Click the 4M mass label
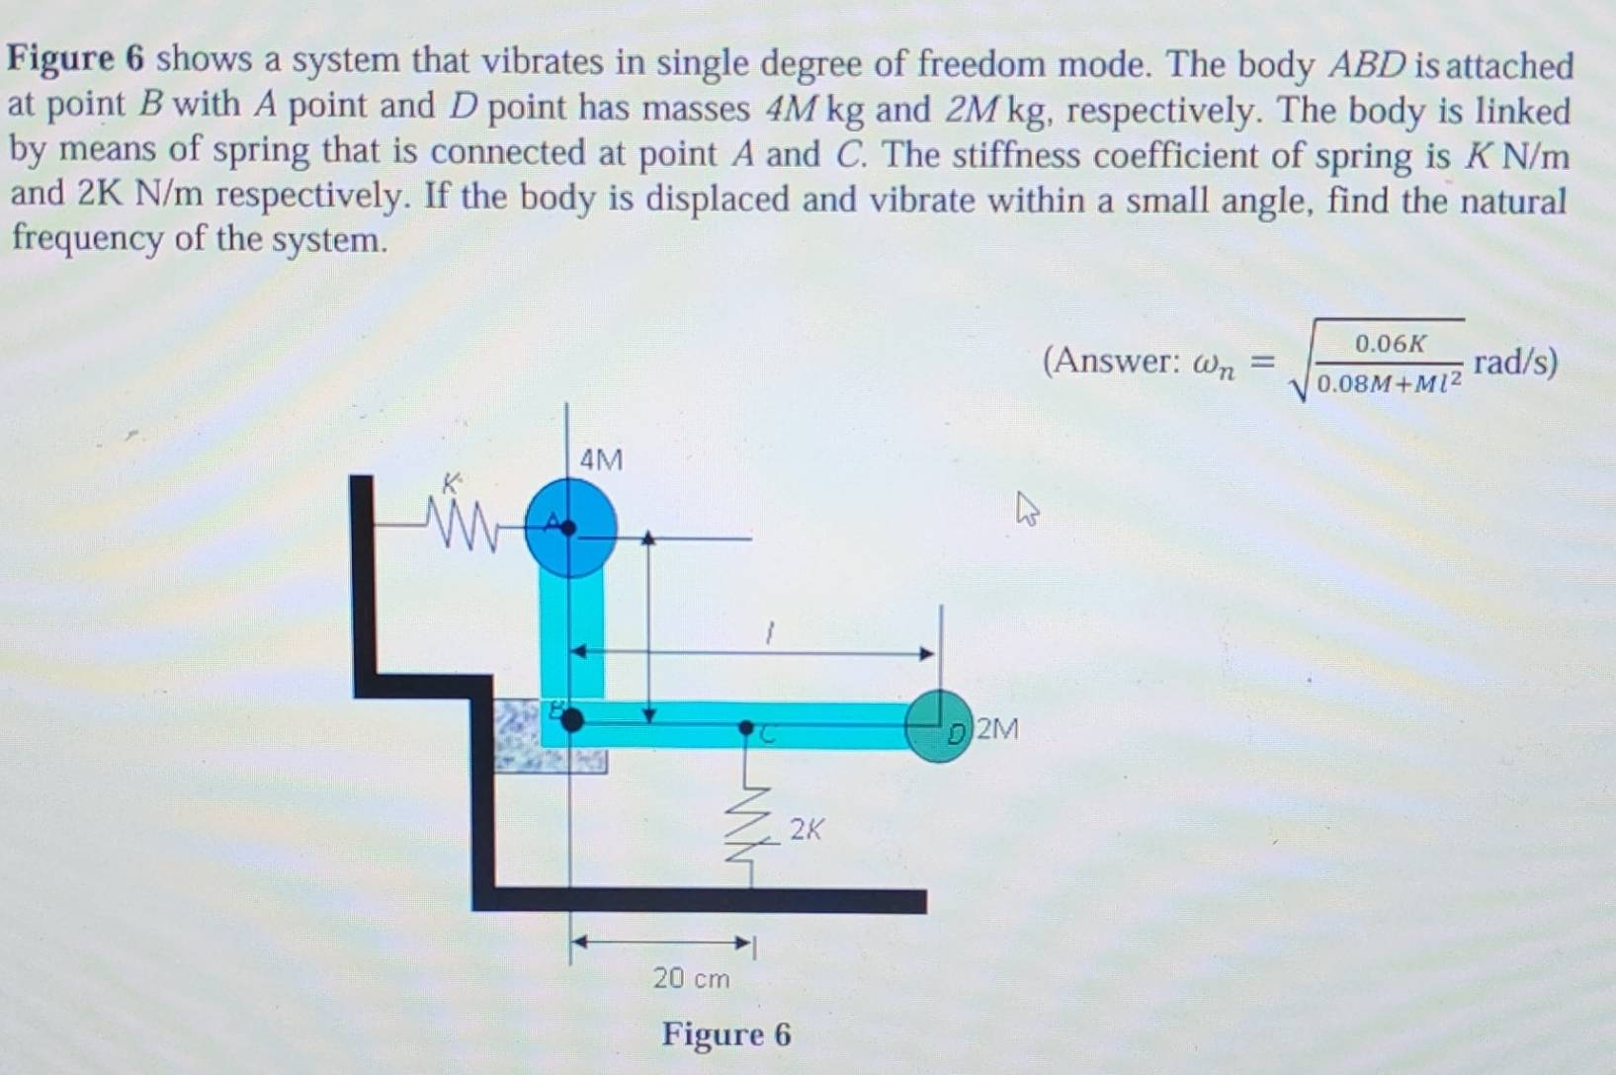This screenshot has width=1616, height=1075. (601, 460)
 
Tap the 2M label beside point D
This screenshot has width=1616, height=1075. (997, 729)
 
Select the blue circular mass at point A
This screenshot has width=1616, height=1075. (570, 529)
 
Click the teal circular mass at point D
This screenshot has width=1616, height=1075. (939, 726)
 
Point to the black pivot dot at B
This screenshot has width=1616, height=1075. (572, 719)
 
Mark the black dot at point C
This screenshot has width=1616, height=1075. (746, 727)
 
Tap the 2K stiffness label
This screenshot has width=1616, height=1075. (806, 829)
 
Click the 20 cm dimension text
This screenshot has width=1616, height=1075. (691, 978)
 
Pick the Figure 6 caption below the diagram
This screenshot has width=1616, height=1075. (726, 1034)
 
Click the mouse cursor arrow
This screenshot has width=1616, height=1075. (1027, 508)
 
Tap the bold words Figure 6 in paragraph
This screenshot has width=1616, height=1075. (76, 59)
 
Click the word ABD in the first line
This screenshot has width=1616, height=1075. (1367, 66)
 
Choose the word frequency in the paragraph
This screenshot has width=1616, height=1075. (87, 239)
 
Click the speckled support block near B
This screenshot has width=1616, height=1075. (550, 735)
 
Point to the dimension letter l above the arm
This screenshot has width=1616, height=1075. (770, 633)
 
